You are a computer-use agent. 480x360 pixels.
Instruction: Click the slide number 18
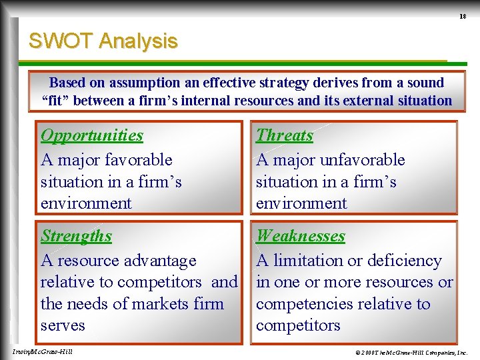coord(462,15)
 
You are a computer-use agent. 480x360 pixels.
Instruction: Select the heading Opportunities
coord(92,135)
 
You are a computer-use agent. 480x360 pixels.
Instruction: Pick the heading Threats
coord(285,135)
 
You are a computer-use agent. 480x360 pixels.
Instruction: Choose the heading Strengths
coord(76,236)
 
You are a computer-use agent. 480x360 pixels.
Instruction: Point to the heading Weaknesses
coord(301,236)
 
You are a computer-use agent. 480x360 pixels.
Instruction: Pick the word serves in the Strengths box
coord(63,326)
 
